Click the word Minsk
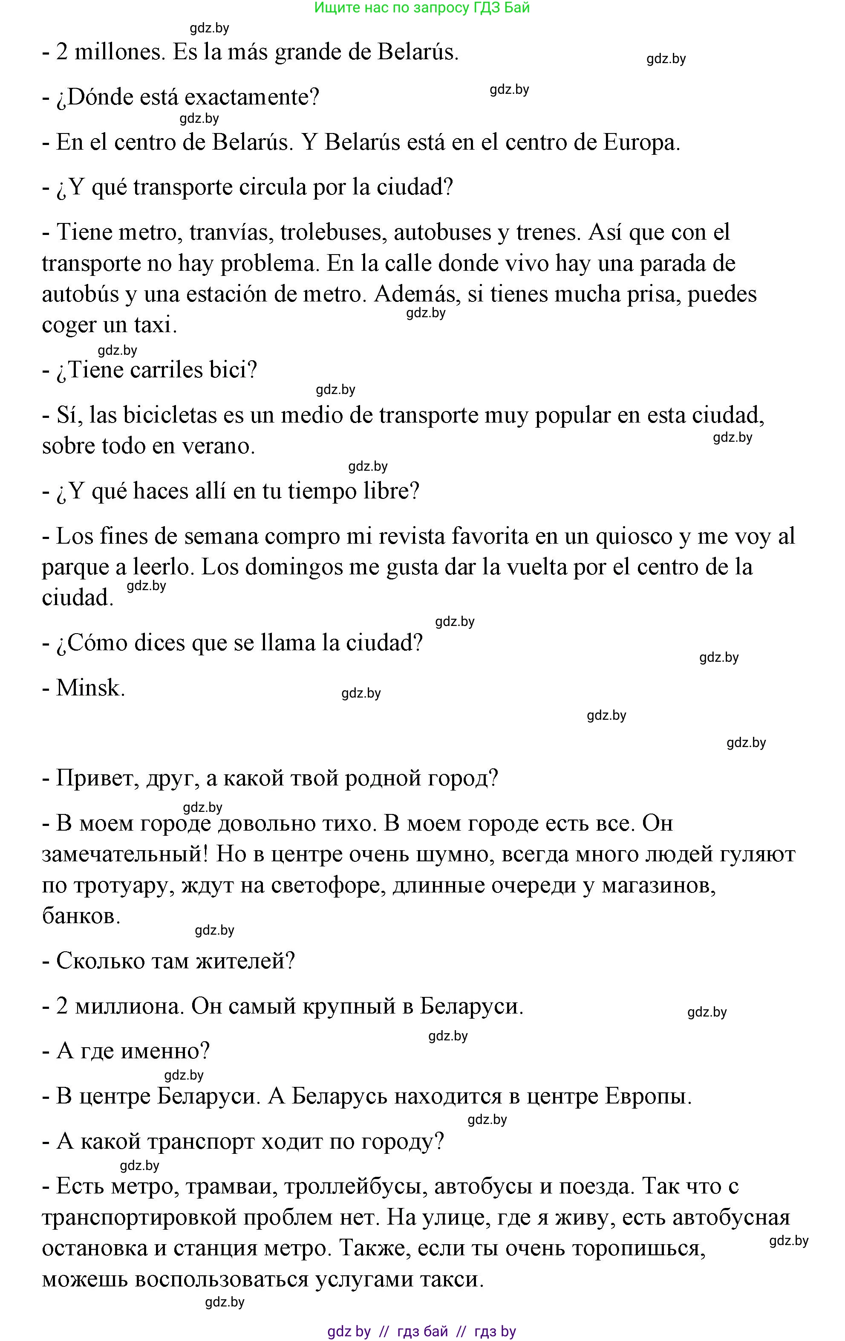coord(90,688)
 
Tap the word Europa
coord(641,143)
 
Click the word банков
coord(81,916)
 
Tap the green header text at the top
coord(422,8)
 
